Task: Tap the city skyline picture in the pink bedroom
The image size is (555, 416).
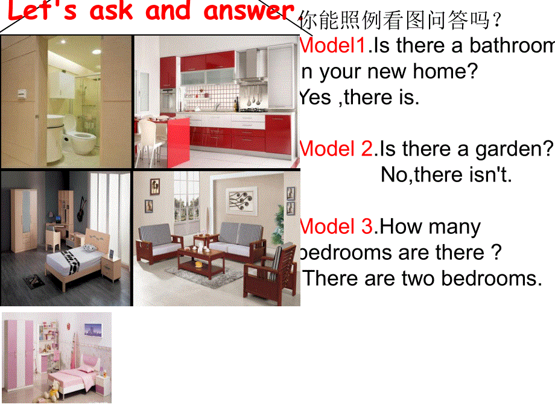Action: click(x=92, y=331)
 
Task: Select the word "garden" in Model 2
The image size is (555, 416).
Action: click(x=510, y=149)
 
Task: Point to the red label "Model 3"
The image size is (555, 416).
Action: click(x=337, y=227)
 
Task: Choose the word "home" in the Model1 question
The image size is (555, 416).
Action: click(x=444, y=72)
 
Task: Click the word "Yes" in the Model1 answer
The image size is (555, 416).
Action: click(x=315, y=97)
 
